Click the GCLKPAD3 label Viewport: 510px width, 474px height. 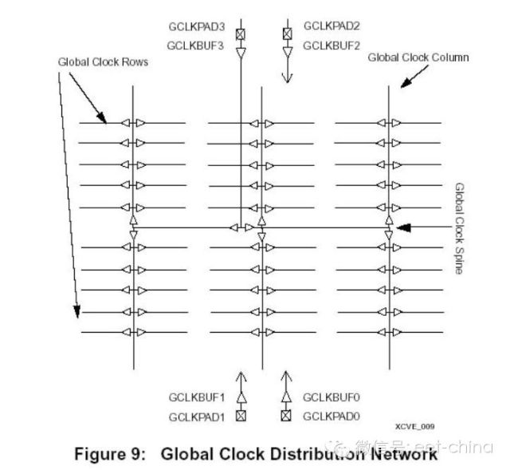[x=196, y=27]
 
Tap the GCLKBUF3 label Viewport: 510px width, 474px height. [x=196, y=45]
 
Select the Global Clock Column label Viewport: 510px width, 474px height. [x=418, y=57]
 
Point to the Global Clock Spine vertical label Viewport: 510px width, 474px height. [x=459, y=228]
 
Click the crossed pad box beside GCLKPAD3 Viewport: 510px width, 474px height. [x=241, y=33]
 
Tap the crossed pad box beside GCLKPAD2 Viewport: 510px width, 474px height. [x=288, y=33]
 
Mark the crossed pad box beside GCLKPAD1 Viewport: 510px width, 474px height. [x=241, y=415]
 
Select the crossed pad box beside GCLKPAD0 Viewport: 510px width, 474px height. [x=288, y=415]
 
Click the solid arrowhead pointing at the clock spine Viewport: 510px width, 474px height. [x=404, y=227]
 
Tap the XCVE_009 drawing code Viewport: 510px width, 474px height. [x=414, y=427]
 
